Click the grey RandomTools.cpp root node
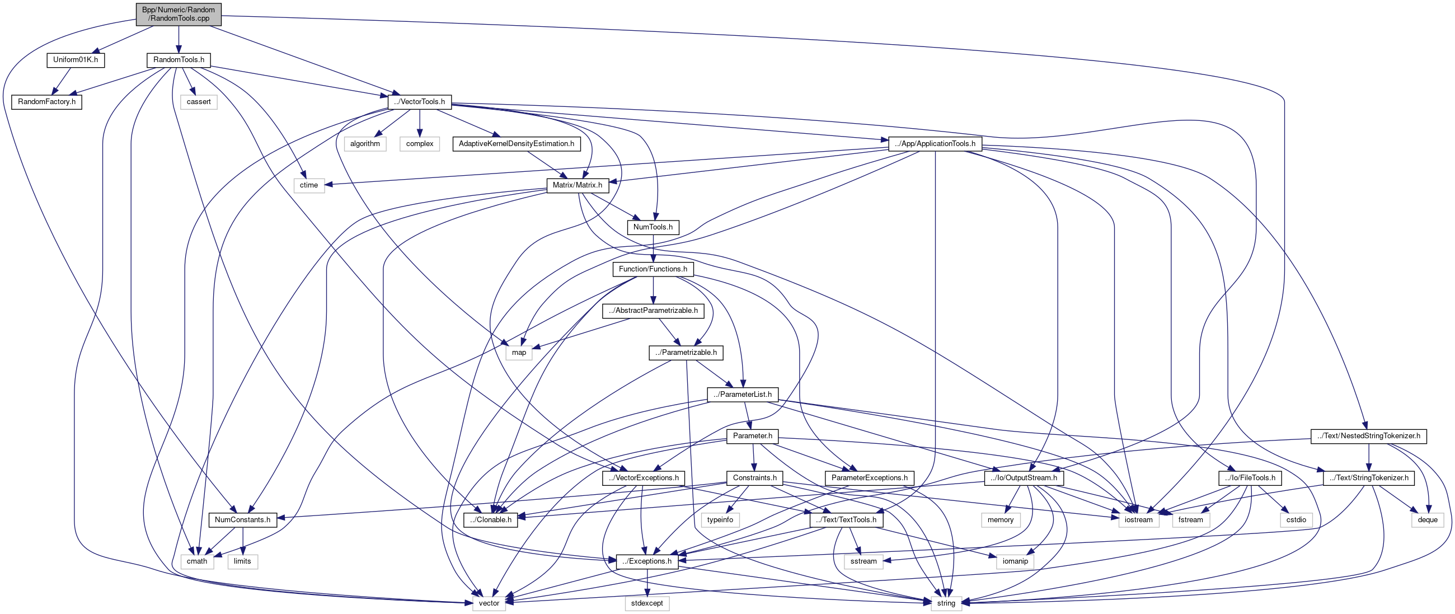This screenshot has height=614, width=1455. coord(179,14)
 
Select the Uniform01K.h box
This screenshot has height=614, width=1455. coord(75,60)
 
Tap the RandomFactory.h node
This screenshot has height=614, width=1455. coord(46,102)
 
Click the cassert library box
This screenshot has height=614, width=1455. coord(199,102)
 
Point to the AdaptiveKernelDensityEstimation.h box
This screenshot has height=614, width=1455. coord(517,143)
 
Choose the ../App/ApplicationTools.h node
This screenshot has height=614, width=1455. coord(935,143)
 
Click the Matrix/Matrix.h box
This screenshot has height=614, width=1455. coord(578,185)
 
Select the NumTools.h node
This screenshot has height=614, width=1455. coord(653,227)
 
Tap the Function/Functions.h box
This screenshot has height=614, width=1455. coord(653,269)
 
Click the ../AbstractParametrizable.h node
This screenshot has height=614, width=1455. coord(653,311)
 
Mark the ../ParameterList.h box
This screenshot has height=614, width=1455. coord(742,394)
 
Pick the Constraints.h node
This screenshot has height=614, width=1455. coord(754,478)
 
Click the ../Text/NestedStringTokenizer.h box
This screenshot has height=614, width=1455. coord(1368,436)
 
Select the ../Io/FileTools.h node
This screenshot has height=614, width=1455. coord(1250,478)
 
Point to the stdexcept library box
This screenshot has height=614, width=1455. coord(647,603)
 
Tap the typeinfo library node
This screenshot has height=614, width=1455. coord(720,519)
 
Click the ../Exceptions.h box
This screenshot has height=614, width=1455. coord(647,561)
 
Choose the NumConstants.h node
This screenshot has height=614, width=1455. coord(242,519)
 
